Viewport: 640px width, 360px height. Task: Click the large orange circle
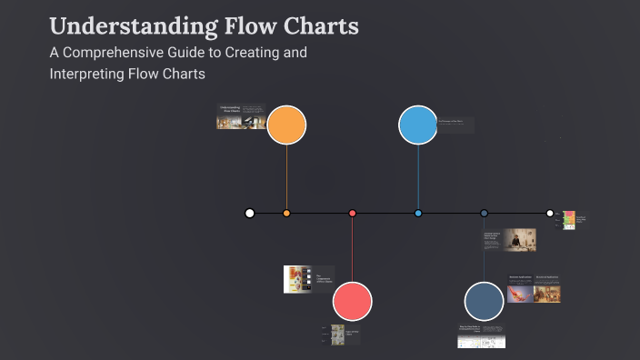pos(286,125)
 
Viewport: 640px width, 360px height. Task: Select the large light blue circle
pos(418,125)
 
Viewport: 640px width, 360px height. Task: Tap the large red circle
pos(353,301)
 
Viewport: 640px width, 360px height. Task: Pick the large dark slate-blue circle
pos(484,301)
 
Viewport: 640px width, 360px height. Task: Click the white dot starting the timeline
pos(250,213)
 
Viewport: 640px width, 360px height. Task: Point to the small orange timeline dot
pos(286,213)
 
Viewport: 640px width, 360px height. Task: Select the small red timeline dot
pos(353,213)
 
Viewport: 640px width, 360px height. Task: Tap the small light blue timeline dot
pos(418,213)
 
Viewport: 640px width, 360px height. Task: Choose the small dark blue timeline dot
pos(484,213)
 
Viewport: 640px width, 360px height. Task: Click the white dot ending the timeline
pos(550,213)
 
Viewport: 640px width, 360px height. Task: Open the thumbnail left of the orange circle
pos(241,117)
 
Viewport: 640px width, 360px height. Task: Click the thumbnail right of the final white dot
pos(569,220)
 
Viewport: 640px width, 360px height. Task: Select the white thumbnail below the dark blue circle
pos(481,336)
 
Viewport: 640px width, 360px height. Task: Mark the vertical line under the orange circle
pos(286,177)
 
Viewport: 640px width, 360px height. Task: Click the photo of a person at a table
pos(520,239)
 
